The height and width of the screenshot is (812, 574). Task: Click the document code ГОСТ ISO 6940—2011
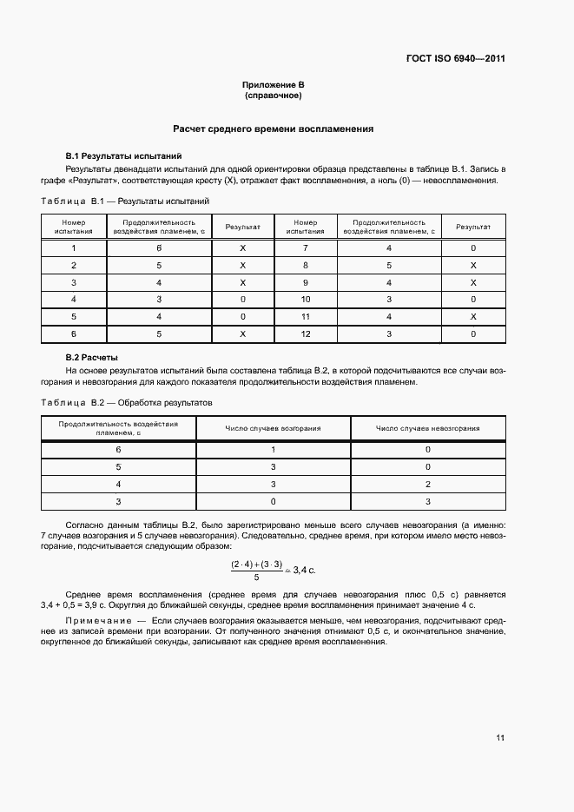(x=455, y=59)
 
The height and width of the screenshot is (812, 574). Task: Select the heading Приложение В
(x=273, y=84)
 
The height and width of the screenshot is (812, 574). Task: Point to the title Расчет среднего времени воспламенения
(x=273, y=129)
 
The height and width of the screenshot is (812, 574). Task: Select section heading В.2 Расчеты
(x=92, y=357)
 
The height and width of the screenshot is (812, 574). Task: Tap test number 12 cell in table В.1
(x=305, y=333)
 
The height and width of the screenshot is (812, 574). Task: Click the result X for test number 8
(x=473, y=265)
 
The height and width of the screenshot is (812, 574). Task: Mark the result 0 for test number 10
(x=473, y=299)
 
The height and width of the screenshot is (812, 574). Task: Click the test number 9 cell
(x=305, y=282)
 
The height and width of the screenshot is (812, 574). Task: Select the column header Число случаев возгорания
(x=274, y=428)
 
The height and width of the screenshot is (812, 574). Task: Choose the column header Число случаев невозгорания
(x=427, y=428)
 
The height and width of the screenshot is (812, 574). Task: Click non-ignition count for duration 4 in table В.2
(x=427, y=484)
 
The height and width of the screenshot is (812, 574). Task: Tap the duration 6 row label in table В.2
(x=119, y=449)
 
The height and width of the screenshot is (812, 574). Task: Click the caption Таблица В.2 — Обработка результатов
(x=126, y=403)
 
